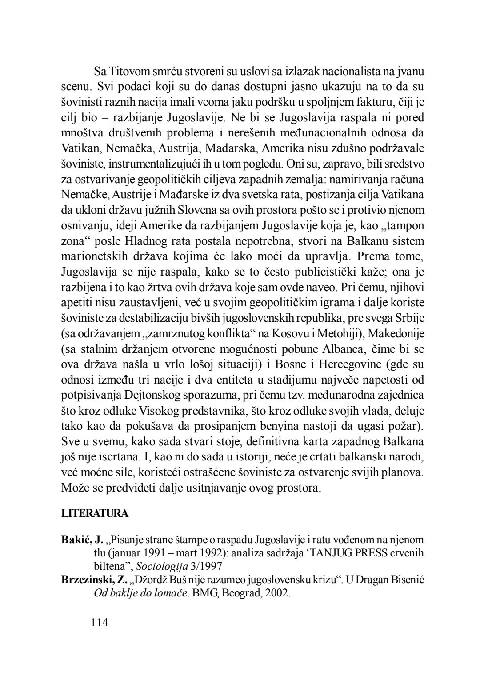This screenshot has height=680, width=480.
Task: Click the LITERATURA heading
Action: pyautogui.click(x=95, y=514)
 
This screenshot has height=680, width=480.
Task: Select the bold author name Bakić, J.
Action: pyautogui.click(x=82, y=540)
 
